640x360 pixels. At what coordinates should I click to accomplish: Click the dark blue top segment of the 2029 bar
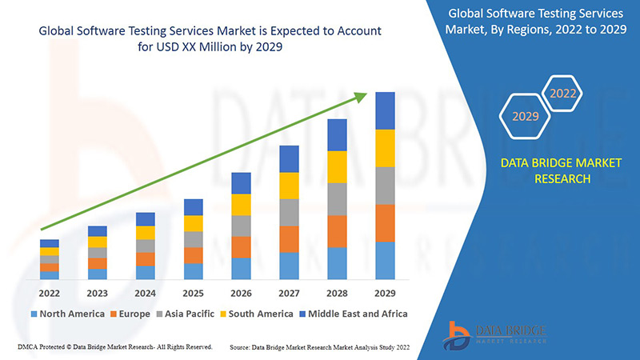coord(386,110)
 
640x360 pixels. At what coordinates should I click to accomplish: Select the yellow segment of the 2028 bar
coord(338,166)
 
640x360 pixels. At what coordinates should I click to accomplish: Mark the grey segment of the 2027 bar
coord(290,212)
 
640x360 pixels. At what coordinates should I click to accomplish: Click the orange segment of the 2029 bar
coord(386,222)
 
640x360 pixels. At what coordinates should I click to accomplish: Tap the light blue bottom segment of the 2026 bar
coord(242,268)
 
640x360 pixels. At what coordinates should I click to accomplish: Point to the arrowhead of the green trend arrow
coord(362,98)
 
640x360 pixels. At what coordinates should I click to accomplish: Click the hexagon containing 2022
coord(562,94)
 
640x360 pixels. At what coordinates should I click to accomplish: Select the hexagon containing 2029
coord(525,117)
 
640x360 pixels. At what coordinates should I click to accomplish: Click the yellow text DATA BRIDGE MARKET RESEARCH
coord(549,170)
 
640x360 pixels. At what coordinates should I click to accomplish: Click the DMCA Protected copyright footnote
coord(114,347)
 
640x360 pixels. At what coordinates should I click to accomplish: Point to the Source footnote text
coord(320,347)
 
